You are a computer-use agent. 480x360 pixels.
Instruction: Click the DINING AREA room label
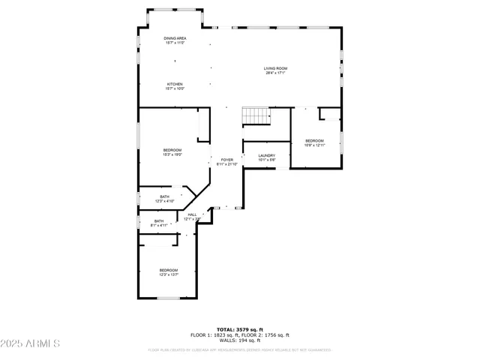175,37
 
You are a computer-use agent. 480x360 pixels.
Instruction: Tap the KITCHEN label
175,84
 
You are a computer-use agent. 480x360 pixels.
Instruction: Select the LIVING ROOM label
276,68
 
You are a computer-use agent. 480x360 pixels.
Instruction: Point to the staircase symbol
255,116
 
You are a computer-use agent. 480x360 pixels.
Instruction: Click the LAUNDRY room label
267,155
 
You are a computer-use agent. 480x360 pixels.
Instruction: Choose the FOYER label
226,160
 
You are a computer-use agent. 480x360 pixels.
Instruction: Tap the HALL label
192,214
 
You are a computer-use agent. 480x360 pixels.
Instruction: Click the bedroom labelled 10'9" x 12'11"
314,141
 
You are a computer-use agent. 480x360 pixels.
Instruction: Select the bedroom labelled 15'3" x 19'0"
172,150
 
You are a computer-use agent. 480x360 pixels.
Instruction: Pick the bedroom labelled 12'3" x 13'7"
168,270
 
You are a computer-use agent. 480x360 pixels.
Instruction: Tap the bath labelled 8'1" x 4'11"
159,221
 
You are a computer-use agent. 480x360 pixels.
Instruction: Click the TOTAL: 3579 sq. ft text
239,329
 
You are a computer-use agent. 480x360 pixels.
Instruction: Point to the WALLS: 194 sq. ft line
239,340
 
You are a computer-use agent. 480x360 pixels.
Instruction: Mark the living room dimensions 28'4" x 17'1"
276,73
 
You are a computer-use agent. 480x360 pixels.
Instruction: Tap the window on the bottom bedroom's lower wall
168,298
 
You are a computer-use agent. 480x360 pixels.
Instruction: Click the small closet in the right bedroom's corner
330,114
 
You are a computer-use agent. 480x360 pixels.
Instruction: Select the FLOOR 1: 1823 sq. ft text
213,334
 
